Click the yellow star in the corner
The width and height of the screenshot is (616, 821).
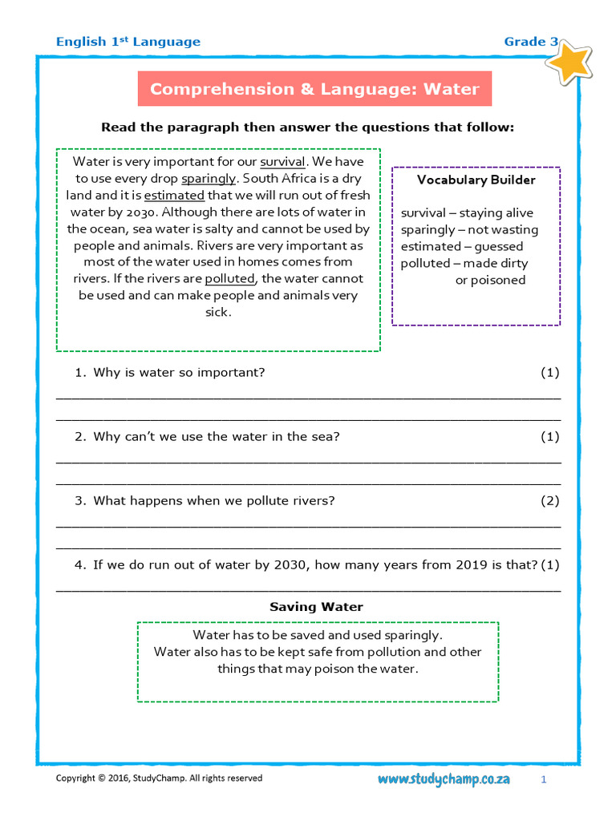572,62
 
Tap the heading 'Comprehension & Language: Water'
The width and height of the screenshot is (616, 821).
314,89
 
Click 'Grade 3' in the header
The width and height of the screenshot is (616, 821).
531,42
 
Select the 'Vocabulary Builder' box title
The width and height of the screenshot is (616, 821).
476,180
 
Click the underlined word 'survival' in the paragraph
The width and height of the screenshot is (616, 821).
282,161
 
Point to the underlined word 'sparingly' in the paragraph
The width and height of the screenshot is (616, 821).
209,178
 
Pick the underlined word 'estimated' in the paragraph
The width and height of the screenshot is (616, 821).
174,195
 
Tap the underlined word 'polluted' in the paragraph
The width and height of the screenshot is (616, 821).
229,279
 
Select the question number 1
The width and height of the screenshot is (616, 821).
79,373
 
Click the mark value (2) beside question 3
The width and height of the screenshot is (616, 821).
549,501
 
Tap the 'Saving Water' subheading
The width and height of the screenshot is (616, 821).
316,607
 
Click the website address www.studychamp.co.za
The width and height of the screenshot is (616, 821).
444,779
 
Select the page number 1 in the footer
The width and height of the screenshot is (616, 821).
543,779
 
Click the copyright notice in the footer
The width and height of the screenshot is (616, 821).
158,779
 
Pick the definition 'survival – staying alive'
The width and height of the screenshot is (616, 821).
467,213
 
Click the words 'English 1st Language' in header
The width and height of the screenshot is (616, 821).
128,42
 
